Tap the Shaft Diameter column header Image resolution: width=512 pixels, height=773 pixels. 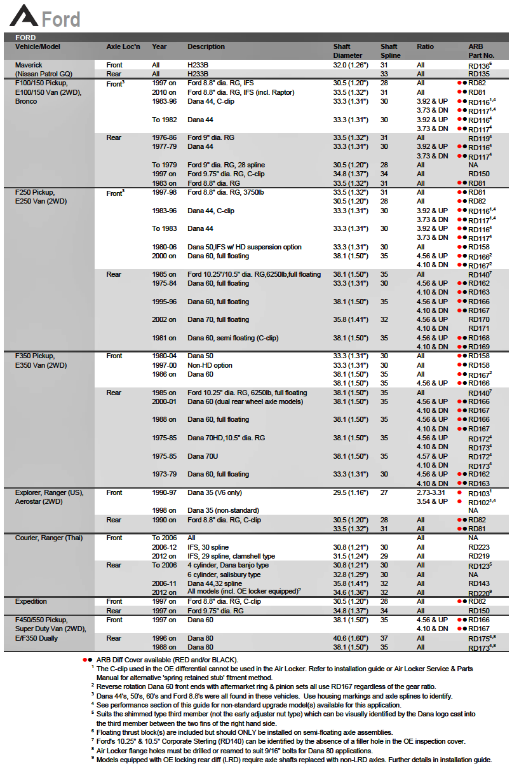(x=347, y=51)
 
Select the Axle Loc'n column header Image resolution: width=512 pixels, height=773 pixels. (x=123, y=46)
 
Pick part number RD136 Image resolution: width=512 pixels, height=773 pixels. (x=480, y=65)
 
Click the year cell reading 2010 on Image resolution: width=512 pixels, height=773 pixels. (x=164, y=92)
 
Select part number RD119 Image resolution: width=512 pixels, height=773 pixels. (x=480, y=137)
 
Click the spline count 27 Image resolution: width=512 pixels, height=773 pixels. (x=384, y=492)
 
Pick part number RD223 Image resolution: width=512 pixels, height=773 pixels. (x=478, y=547)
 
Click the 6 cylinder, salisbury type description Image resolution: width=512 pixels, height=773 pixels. (x=224, y=575)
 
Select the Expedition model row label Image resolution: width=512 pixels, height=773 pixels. (x=31, y=601)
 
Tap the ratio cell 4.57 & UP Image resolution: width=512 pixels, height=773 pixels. (x=432, y=456)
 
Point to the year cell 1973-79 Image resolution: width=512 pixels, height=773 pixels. (x=164, y=474)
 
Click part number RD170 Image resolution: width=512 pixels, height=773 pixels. (x=478, y=319)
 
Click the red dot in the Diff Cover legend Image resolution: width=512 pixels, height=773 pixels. (x=86, y=660)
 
